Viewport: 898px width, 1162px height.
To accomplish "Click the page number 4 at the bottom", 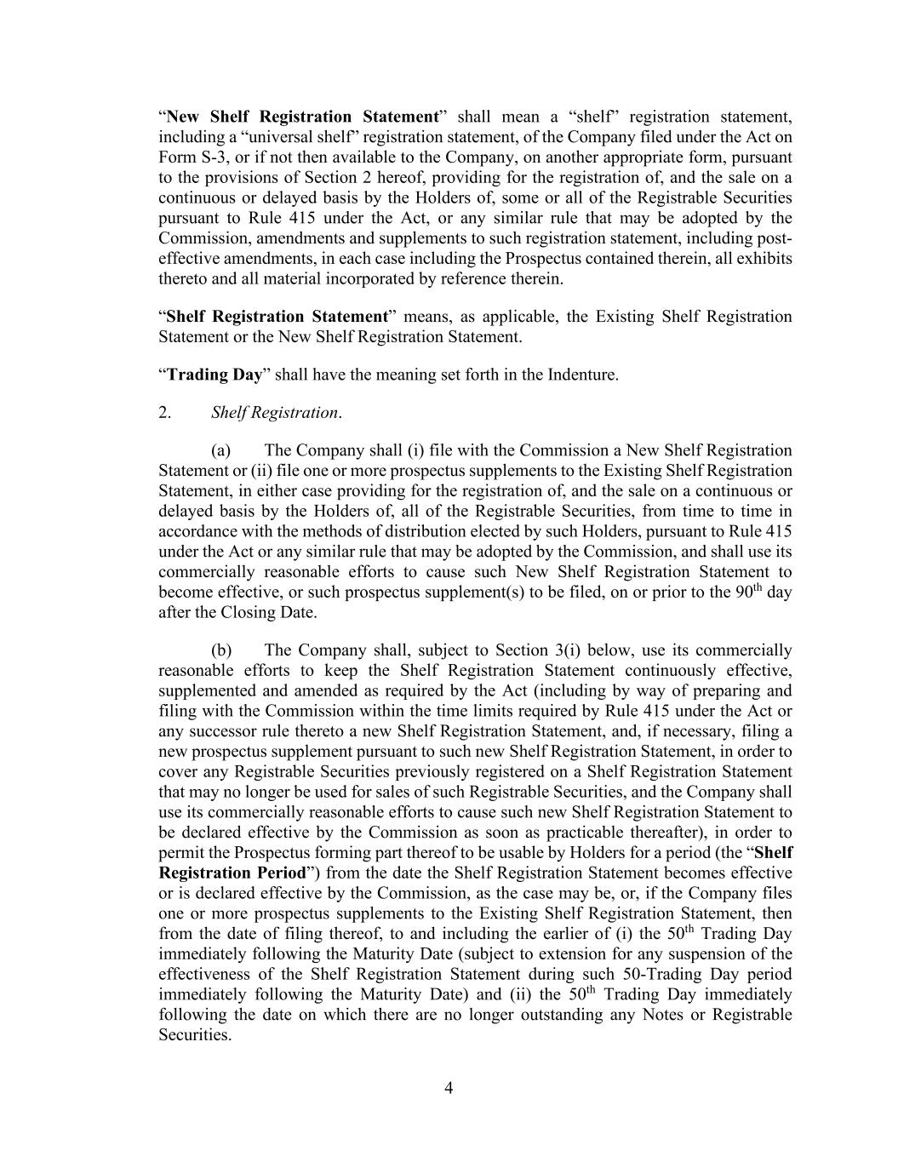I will coord(449,1088).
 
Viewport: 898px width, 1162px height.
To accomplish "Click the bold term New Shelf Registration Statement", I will coord(302,117).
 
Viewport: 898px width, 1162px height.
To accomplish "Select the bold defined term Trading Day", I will coord(214,375).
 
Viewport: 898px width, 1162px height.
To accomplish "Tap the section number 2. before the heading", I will coord(165,413).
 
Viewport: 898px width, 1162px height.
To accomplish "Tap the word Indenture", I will coord(581,375).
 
